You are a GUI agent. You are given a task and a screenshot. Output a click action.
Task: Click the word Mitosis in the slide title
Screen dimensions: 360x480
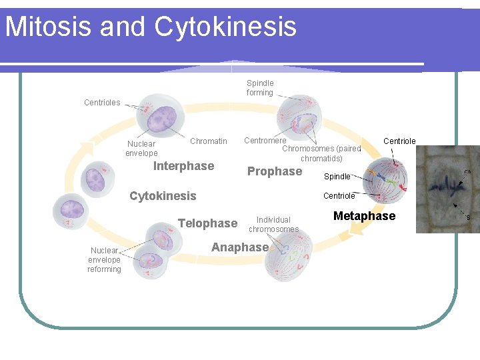click(49, 27)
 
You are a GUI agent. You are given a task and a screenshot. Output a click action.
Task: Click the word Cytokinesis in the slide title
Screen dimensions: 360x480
click(225, 27)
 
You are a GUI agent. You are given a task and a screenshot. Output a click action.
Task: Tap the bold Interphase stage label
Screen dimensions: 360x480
click(183, 166)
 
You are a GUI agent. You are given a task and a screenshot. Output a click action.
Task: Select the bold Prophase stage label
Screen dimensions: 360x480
click(275, 171)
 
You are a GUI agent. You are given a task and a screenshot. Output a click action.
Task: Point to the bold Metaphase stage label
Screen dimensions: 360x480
click(364, 216)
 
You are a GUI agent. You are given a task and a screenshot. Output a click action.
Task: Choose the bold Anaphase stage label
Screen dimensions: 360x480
click(239, 247)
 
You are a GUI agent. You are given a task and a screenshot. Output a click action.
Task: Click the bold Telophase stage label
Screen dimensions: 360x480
click(207, 223)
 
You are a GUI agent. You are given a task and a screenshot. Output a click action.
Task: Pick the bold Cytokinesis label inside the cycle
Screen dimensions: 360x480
click(163, 196)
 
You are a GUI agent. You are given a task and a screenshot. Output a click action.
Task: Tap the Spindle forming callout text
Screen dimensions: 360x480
click(260, 88)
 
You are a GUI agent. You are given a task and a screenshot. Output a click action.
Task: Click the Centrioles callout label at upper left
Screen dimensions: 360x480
click(102, 103)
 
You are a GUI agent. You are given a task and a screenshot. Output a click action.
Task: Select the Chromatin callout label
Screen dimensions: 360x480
click(208, 141)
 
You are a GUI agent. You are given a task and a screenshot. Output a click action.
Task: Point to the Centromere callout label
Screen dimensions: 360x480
click(265, 141)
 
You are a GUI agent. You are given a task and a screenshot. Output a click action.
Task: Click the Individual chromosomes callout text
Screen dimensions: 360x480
click(273, 225)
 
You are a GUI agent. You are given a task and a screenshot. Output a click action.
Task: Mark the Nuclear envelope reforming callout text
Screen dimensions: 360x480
click(104, 260)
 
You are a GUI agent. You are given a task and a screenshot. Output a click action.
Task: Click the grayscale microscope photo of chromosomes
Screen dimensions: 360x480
click(447, 189)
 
